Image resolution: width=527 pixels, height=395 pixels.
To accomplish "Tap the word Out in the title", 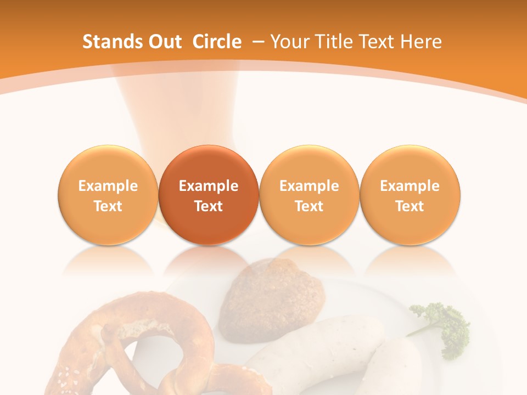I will coord(164,42).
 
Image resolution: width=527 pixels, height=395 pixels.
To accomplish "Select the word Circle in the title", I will coord(217,42).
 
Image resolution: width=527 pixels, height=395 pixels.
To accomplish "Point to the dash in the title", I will coord(256,42).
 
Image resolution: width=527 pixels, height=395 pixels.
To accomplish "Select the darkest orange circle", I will coord(209,195).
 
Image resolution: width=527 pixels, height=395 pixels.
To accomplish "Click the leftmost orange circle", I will coord(108,195).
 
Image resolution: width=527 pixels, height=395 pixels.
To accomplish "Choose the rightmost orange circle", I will coord(410,195).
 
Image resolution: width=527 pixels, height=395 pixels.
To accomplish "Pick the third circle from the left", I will coord(309,195).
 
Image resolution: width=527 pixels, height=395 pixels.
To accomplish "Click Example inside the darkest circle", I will coord(209,186).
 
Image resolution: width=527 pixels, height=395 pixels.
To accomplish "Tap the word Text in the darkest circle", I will coord(209,206).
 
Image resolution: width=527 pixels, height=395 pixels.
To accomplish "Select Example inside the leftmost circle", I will coord(108,186).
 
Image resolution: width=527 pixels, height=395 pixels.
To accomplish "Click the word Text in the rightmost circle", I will coord(410,206).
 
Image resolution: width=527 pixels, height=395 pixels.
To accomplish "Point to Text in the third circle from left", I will coord(309,206).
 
